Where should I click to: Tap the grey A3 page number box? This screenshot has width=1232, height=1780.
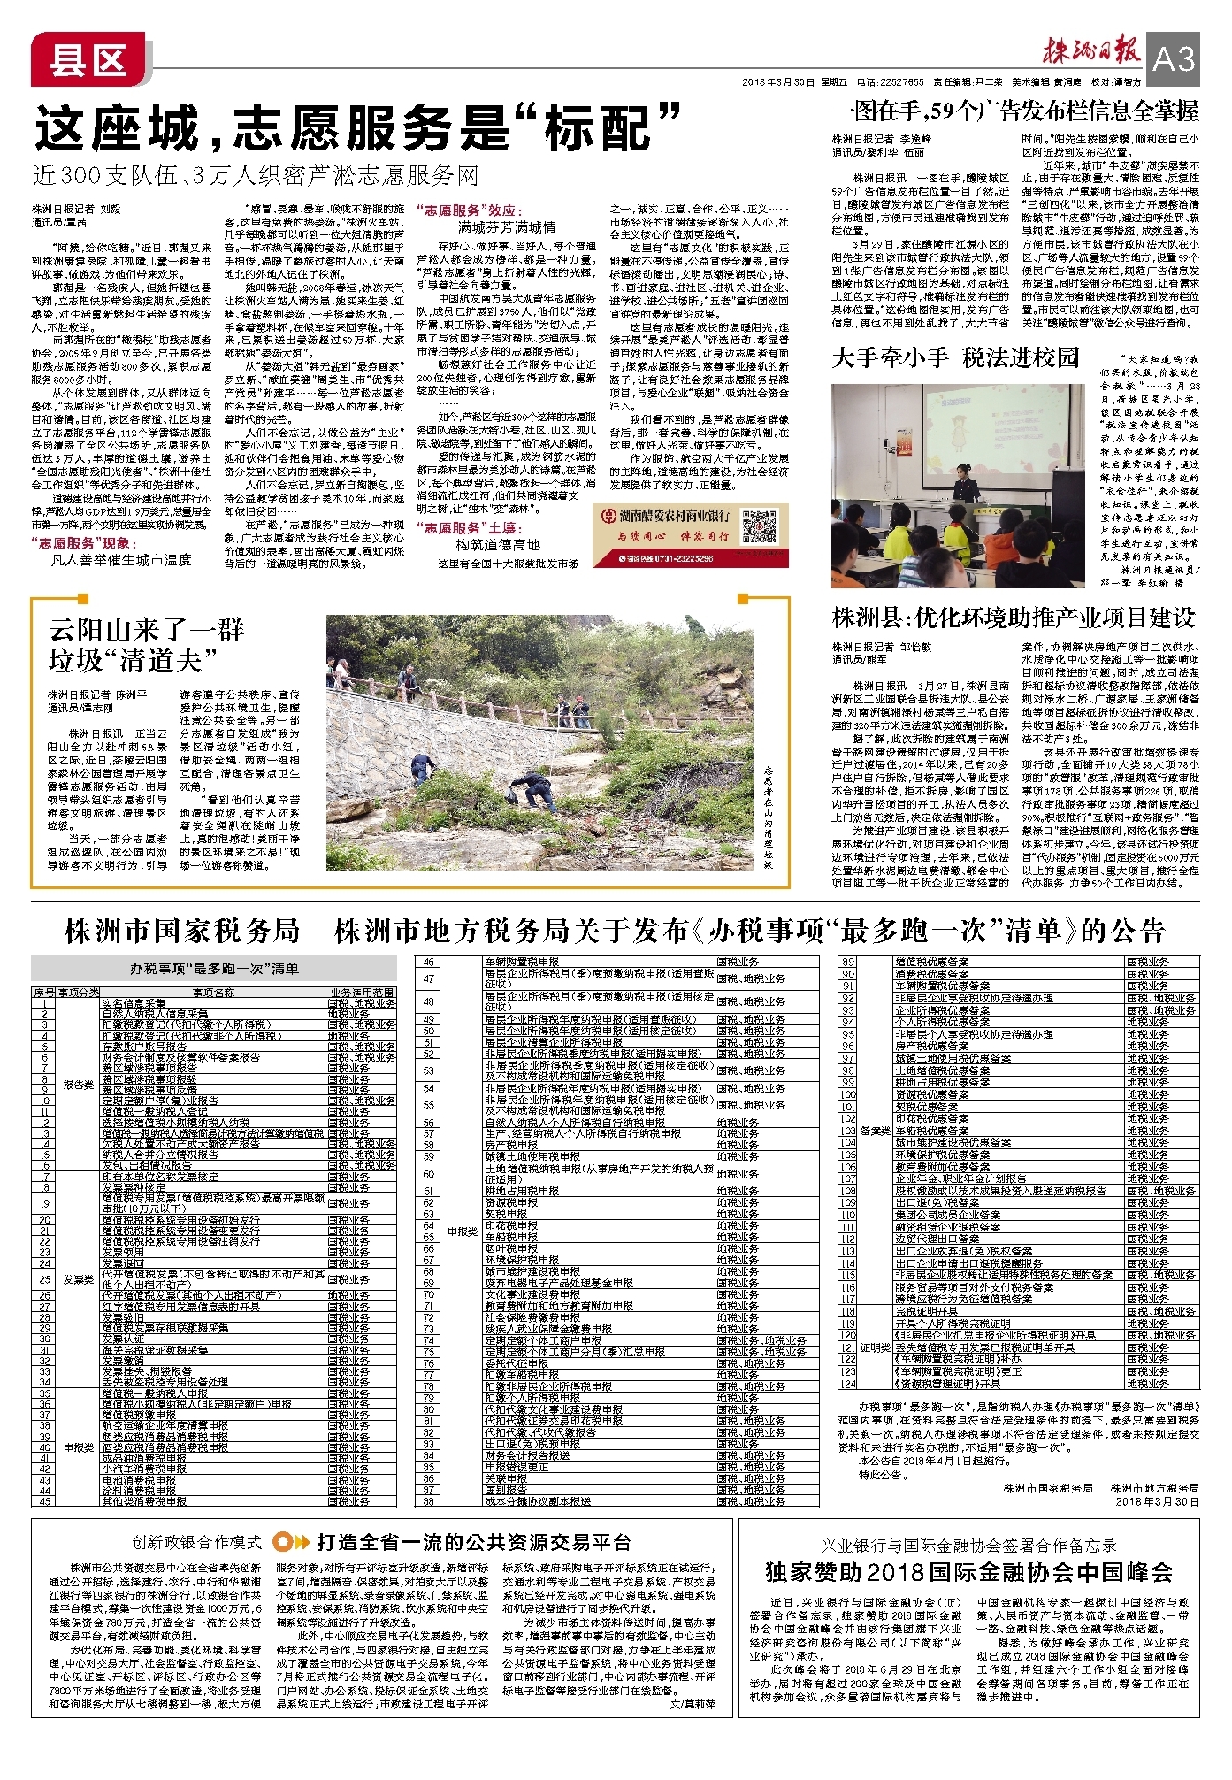click(1173, 59)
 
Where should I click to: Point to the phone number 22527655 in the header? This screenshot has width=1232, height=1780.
click(900, 82)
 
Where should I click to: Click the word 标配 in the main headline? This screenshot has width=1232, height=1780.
click(598, 129)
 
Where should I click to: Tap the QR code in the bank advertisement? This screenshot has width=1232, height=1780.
click(759, 526)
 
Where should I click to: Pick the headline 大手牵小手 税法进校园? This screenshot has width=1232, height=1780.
click(956, 357)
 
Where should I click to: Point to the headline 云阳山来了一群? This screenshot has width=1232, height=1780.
click(146, 630)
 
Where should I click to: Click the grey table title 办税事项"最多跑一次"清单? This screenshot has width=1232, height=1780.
click(214, 968)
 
